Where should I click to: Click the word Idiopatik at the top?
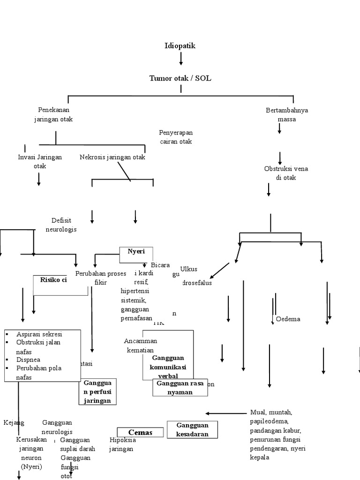click(180, 45)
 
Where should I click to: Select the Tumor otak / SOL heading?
click(180, 78)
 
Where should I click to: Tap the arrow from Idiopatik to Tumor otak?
click(181, 59)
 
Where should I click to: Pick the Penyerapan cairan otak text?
click(175, 137)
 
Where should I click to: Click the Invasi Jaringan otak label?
click(40, 161)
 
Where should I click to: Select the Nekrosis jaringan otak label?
click(112, 157)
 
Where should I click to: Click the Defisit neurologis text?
click(61, 225)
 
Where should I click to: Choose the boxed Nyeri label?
click(136, 252)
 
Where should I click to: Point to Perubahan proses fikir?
click(101, 278)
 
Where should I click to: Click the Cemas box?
click(141, 432)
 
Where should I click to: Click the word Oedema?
click(288, 319)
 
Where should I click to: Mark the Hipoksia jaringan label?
click(122, 444)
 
